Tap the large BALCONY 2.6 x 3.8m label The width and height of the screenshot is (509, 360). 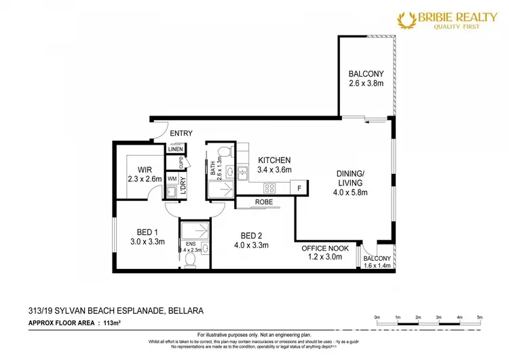point(366,79)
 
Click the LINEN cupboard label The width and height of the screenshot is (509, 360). point(176,149)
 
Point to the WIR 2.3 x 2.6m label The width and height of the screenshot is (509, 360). point(141,175)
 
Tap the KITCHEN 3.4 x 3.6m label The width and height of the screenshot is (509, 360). point(274,165)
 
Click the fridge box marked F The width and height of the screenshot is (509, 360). point(299,187)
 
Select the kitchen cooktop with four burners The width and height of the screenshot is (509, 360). point(269,188)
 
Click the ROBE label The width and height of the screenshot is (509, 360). point(265,202)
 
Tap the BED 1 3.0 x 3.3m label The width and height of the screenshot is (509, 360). point(147,237)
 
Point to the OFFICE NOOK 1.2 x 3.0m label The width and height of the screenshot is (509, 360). point(326,253)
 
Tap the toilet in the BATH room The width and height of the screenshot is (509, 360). point(227,151)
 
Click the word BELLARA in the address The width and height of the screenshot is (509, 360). point(185,310)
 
